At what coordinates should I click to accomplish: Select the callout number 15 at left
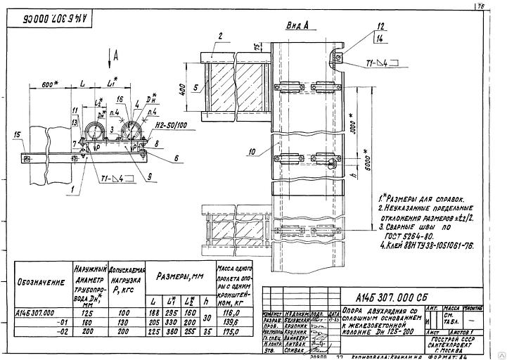click(17, 134)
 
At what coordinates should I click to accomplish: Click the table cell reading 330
click(171, 319)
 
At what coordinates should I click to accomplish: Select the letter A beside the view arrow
click(117, 53)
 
